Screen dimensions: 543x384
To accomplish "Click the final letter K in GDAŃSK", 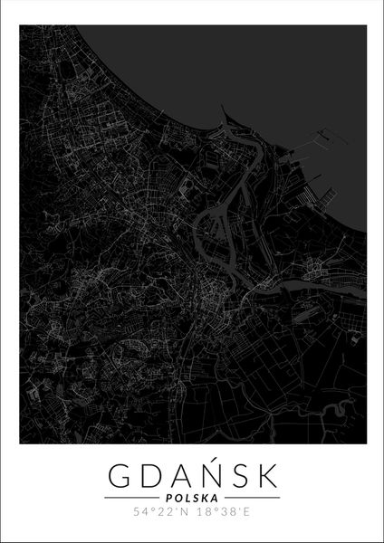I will tap(282, 474).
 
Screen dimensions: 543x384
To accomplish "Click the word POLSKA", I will tap(192, 498).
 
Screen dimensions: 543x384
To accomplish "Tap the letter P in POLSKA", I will tap(170, 498).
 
